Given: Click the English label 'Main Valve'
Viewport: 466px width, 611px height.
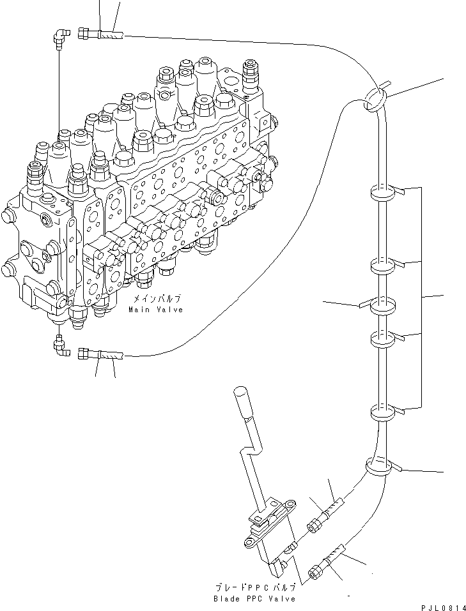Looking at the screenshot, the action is coord(156,310).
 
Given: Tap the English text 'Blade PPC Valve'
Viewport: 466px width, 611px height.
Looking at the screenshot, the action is coord(254,598).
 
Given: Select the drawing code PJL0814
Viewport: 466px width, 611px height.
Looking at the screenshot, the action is coord(444,608).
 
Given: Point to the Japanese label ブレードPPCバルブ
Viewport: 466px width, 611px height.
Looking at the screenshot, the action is coord(255,588).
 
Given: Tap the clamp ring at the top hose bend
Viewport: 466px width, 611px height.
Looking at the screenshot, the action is coord(375,99).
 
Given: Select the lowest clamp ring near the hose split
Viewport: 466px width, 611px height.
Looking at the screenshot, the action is coord(378,466).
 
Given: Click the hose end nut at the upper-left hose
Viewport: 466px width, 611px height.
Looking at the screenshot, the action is coord(84,33).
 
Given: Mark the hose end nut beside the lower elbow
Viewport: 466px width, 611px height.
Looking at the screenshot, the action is coord(84,354).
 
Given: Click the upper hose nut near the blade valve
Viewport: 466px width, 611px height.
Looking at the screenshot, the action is coord(314,525).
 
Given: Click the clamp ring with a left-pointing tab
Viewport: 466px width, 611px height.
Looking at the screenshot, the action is coord(382,306).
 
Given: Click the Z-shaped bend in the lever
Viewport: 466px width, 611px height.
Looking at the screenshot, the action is coord(252,451).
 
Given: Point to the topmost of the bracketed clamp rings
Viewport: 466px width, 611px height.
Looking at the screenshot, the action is coord(382,193).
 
